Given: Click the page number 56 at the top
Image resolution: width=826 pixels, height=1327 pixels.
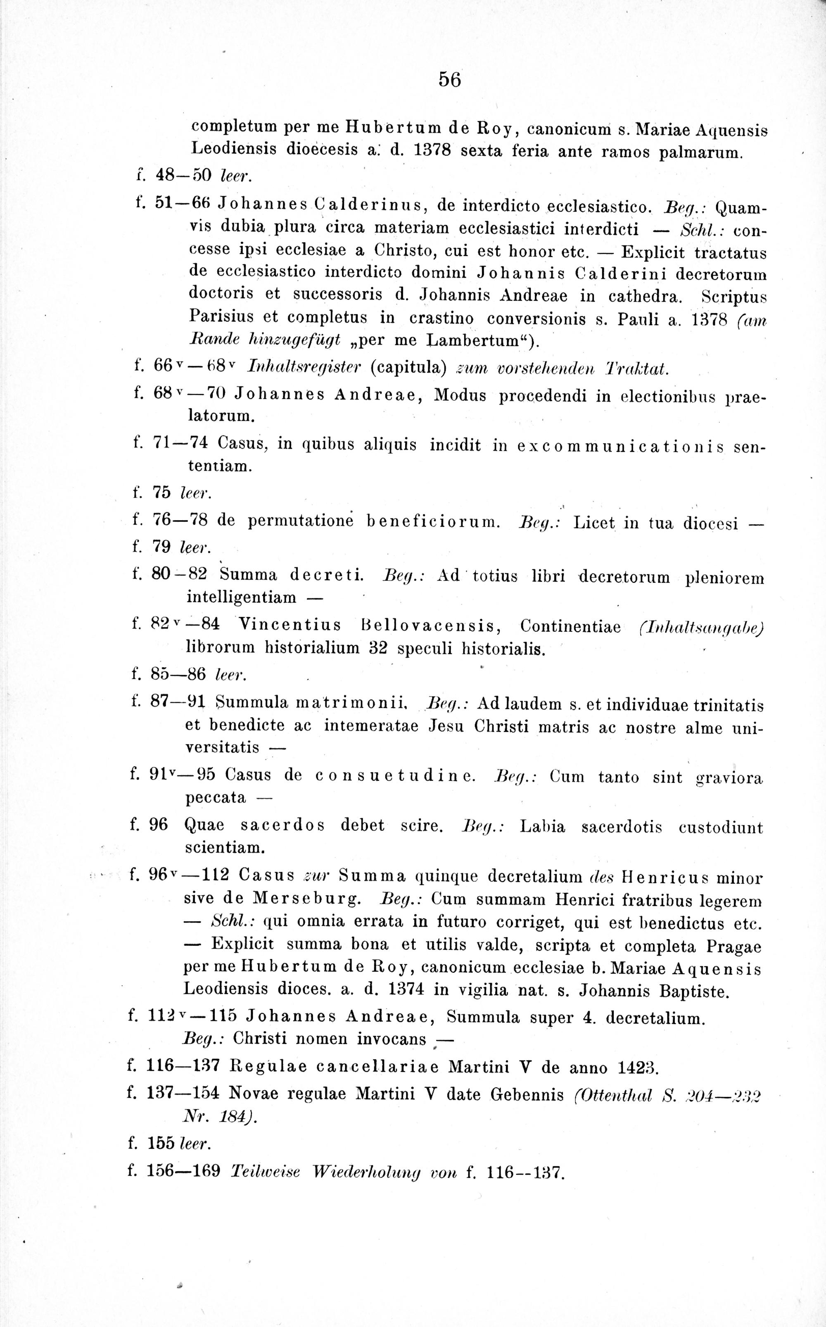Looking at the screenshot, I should pos(450,80).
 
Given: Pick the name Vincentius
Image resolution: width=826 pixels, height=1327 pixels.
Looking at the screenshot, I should pos(290,625).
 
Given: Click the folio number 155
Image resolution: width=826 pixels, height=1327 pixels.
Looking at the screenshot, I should pos(161,1144).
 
